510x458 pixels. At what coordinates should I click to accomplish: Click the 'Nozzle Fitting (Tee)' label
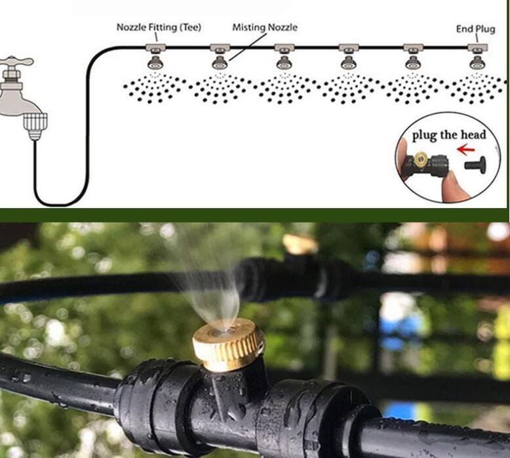[x=159, y=27]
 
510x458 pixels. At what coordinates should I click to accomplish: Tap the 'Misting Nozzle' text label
[x=265, y=27]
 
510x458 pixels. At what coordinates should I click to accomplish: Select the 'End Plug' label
[x=475, y=29]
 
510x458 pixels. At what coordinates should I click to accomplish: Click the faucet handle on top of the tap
[x=16, y=62]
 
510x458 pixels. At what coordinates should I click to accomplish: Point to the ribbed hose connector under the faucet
[x=35, y=126]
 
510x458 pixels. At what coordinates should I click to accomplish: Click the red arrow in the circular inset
[x=466, y=150]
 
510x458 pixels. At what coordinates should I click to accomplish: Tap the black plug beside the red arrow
[x=475, y=163]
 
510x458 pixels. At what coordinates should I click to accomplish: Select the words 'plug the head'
[x=449, y=135]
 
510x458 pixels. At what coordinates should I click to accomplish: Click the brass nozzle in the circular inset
[x=420, y=159]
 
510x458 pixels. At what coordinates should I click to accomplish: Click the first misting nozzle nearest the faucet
[x=156, y=63]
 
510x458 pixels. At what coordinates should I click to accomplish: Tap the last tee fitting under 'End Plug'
[x=477, y=48]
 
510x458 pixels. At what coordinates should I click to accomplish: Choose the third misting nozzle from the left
[x=284, y=63]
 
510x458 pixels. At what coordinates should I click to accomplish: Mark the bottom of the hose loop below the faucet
[x=61, y=205]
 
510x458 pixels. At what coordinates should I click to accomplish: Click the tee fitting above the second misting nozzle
[x=220, y=48]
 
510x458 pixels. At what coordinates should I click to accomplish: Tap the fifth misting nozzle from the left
[x=414, y=63]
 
